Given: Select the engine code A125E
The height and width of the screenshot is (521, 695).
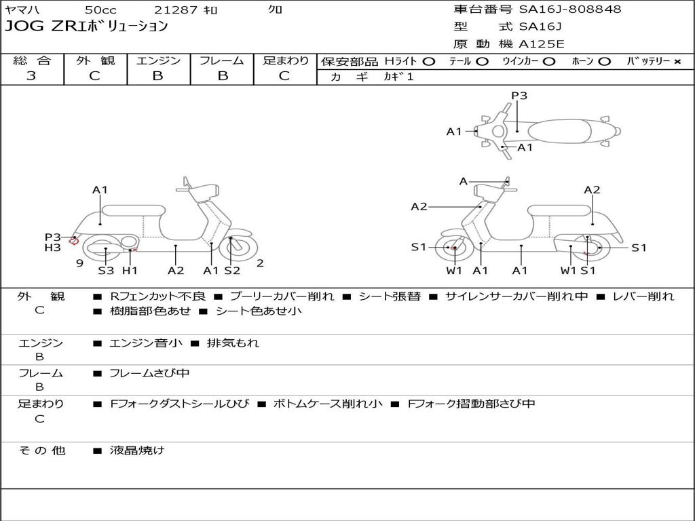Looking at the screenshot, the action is click(541, 45).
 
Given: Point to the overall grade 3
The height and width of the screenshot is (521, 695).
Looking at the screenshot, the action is click(31, 76).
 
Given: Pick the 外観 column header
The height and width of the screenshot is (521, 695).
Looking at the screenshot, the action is click(95, 61).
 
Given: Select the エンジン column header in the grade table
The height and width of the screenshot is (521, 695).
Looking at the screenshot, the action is click(158, 61).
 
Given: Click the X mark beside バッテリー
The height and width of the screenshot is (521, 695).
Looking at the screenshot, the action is click(677, 61).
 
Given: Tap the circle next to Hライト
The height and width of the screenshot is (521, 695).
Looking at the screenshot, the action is click(428, 61).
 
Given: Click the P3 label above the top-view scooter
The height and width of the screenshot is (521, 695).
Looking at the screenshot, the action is click(519, 96).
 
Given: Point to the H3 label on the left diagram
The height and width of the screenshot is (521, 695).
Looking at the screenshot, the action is click(53, 248).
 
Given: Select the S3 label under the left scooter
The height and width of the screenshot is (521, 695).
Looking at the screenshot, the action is click(106, 271).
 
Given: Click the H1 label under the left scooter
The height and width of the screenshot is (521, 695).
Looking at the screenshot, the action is click(130, 271).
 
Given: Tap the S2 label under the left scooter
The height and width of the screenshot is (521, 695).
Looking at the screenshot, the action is click(232, 271).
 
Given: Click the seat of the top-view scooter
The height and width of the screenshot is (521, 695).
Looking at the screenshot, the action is click(564, 130).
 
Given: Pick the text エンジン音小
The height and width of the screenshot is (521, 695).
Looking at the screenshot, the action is click(145, 343).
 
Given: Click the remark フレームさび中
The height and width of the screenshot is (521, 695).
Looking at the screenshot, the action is click(149, 373).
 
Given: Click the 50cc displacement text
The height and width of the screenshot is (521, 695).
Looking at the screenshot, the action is click(100, 9).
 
